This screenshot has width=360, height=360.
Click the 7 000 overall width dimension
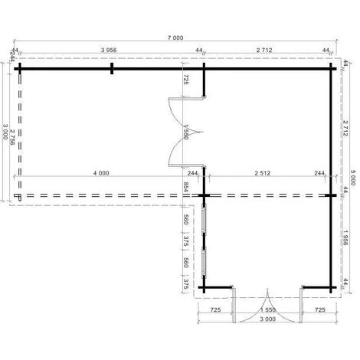[175, 38]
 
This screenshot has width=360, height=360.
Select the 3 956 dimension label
[109, 50]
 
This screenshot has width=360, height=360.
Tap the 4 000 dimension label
[101, 173]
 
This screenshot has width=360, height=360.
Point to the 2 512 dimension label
[263, 173]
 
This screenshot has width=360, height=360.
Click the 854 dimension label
[186, 187]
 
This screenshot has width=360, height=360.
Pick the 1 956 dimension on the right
[345, 237]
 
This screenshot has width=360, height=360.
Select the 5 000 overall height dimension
[353, 178]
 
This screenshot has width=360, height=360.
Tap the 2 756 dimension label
[12, 137]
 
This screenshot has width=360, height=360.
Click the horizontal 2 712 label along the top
[264, 50]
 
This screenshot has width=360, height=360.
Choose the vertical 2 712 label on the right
[345, 128]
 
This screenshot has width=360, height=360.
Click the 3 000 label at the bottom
[267, 319]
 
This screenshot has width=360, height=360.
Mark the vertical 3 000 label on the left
[5, 132]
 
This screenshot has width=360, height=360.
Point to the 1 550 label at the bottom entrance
[268, 310]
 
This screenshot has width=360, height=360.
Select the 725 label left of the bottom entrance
[215, 310]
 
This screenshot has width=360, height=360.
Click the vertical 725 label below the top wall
[186, 80]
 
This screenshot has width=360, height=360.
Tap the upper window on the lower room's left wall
[204, 219]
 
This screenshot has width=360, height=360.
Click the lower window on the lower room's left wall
[204, 263]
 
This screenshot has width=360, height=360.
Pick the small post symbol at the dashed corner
[18, 197]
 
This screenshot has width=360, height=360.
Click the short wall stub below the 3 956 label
[112, 69]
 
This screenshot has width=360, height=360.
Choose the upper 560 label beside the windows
[186, 220]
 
